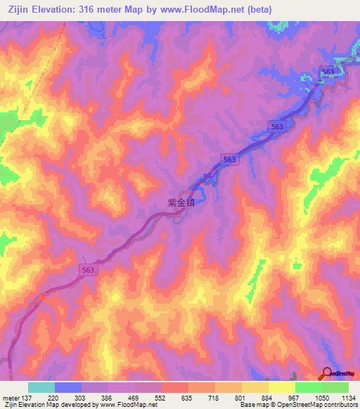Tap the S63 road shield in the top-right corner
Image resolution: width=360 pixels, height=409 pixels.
(327, 72)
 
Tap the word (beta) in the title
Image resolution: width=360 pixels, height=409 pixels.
(257, 9)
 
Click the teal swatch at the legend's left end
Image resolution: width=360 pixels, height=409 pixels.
(41, 387)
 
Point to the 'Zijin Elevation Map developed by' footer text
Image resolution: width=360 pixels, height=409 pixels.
(50, 405)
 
